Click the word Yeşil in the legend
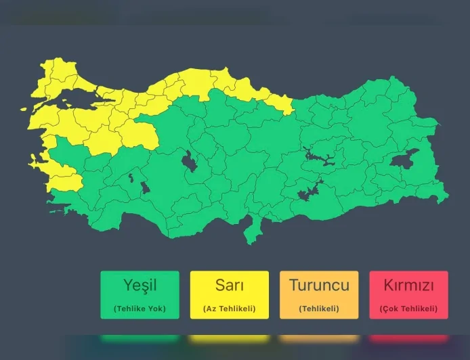click(x=140, y=285)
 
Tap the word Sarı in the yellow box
click(x=229, y=285)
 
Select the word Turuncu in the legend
click(x=319, y=285)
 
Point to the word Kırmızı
click(x=408, y=285)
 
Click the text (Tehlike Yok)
click(x=140, y=309)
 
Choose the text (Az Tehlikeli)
click(x=229, y=309)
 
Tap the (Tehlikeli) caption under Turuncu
click(x=319, y=309)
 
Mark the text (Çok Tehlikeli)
click(x=408, y=309)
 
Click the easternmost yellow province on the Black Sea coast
click(x=279, y=103)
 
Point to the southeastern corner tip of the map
click(x=446, y=200)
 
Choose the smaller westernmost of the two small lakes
click(x=130, y=179)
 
